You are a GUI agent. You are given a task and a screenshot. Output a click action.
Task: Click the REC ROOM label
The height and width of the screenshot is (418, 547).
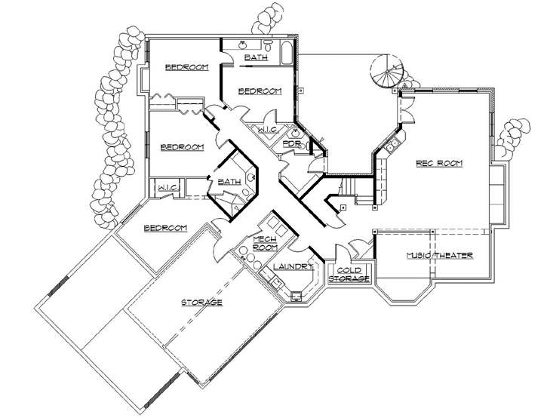[439, 163]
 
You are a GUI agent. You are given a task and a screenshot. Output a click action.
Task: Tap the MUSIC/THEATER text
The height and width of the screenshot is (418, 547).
[438, 256]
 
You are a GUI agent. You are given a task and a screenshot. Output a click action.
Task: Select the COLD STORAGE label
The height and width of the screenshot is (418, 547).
[352, 275]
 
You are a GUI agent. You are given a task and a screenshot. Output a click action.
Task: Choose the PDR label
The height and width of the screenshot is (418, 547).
[292, 143]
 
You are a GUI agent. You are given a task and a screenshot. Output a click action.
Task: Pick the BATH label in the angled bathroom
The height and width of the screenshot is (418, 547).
[229, 182]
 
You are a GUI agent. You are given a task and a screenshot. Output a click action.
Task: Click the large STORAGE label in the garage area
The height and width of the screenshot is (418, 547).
[201, 303]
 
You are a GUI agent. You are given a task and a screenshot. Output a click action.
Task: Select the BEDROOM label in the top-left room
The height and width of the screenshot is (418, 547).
[186, 68]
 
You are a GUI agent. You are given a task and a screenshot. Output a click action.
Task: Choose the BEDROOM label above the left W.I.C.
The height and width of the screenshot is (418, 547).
[181, 146]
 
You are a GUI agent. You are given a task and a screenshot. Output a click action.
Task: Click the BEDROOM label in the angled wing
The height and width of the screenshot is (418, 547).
[165, 228]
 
